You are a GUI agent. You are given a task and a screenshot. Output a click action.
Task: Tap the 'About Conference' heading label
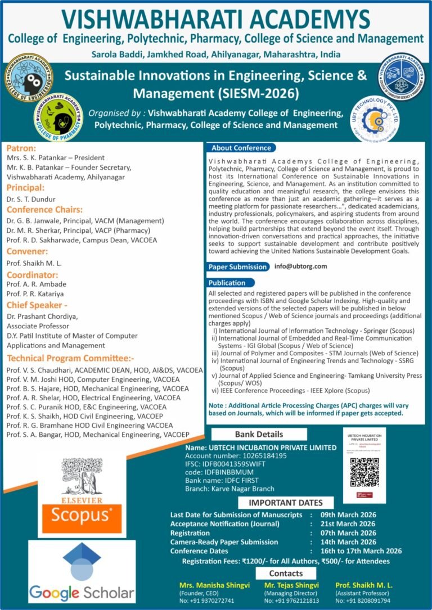point(241,148)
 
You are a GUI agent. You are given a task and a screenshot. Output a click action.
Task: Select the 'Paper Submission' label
point(237,267)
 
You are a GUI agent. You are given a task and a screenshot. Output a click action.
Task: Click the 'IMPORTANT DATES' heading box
point(286,503)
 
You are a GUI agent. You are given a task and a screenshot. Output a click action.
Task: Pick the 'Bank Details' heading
point(259,434)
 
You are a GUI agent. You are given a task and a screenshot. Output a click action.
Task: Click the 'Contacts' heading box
point(286,573)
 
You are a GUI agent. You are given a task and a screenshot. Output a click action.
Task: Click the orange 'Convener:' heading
point(27,251)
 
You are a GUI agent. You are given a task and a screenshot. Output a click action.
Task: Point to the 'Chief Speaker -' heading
point(34,305)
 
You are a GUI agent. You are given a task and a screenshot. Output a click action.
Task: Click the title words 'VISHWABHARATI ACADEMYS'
point(216,19)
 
